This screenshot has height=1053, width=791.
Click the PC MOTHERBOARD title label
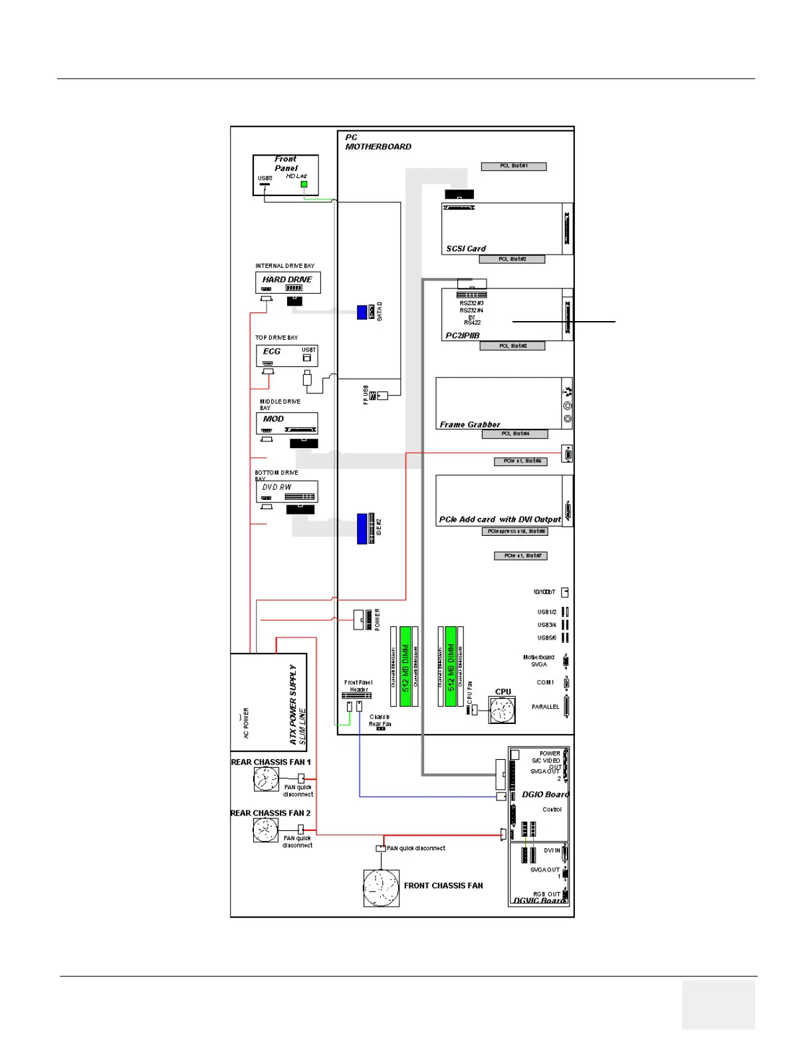click(378, 142)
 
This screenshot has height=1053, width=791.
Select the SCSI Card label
click(466, 249)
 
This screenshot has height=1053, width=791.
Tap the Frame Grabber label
click(470, 424)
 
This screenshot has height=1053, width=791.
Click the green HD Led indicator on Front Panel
click(304, 184)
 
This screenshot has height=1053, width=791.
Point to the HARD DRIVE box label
click(287, 280)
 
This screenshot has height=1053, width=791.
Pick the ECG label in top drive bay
click(272, 351)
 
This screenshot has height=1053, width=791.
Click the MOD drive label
click(273, 419)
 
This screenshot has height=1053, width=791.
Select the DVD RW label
click(277, 487)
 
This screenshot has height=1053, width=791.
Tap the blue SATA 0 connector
click(362, 312)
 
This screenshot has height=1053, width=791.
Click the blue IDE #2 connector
click(362, 528)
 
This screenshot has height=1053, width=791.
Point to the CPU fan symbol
click(502, 711)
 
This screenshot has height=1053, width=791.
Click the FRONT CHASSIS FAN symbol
click(381, 887)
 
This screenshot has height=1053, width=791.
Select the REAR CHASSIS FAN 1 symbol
click(266, 779)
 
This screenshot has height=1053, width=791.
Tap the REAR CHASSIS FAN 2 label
click(270, 813)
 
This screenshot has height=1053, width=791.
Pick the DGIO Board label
click(545, 794)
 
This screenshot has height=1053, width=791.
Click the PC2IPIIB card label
click(462, 336)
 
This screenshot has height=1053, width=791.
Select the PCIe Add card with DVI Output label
click(500, 519)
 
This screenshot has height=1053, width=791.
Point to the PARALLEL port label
click(545, 707)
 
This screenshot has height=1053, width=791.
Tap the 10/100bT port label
click(544, 592)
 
